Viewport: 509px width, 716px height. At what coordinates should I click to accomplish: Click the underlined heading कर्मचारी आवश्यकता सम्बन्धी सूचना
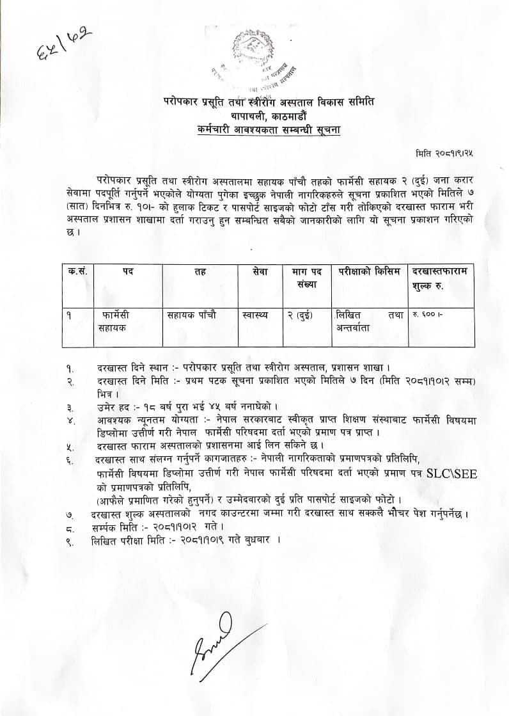click(x=270, y=130)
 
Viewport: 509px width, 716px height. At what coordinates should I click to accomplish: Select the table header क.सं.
click(x=78, y=271)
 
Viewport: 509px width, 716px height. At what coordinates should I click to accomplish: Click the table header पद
click(x=128, y=271)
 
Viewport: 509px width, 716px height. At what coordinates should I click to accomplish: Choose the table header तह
click(x=200, y=271)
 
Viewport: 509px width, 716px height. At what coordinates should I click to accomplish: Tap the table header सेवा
click(x=260, y=271)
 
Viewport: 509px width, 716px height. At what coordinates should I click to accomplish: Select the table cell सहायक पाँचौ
click(x=191, y=315)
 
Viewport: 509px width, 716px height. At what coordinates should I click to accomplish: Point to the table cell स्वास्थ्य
click(x=256, y=315)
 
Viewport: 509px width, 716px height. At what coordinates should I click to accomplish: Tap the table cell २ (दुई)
click(x=306, y=315)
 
